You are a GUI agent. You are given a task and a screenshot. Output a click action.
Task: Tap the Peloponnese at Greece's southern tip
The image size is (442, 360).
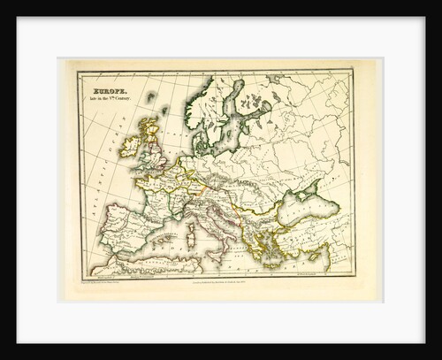point(252,251)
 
